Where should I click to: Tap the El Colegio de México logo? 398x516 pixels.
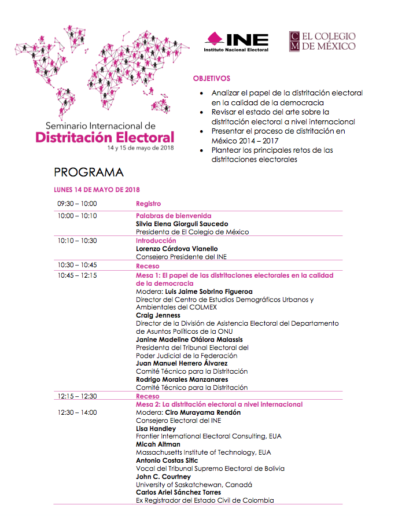tap(322, 41)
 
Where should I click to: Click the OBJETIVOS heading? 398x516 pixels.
tap(211, 79)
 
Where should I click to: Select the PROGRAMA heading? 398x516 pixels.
tap(89, 172)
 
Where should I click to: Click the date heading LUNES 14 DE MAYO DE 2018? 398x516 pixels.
tap(97, 190)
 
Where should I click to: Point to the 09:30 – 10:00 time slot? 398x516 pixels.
tap(77, 204)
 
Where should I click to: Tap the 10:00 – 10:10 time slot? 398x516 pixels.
tap(77, 216)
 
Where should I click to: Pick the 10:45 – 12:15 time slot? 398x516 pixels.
tap(77, 275)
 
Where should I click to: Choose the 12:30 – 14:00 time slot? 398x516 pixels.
tap(77, 412)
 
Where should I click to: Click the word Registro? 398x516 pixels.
tap(148, 204)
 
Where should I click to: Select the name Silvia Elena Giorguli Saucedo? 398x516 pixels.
tap(182, 224)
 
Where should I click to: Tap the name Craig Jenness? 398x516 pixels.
tap(158, 315)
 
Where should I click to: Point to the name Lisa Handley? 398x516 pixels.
tap(156, 429)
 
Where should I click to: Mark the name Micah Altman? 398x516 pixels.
tap(158, 444)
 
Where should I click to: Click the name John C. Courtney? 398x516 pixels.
tap(163, 477)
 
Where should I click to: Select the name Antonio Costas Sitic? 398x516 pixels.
tap(168, 460)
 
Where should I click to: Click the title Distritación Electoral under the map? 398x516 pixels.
tap(104, 138)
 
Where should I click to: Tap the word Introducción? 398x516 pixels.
tap(156, 241)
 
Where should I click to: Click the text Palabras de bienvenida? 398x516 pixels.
tap(173, 216)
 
